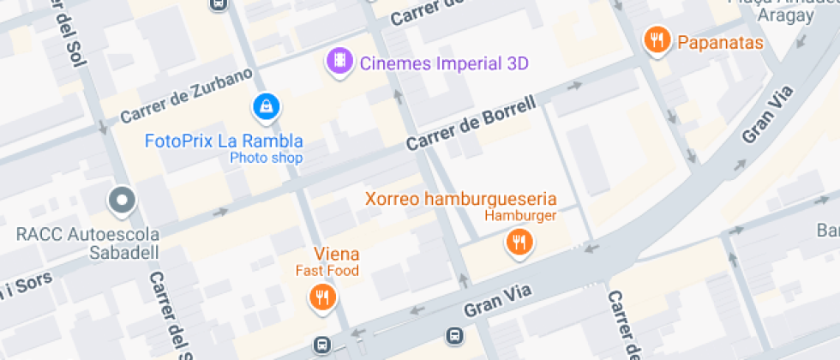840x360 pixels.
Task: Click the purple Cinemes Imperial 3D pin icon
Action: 341,61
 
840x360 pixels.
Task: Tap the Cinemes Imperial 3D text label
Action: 444,63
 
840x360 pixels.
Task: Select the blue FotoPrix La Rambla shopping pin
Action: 267,107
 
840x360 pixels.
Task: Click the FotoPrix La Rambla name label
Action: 224,141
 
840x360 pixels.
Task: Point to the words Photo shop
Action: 266,158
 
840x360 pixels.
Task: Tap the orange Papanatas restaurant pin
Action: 657,39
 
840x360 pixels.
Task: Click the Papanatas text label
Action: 720,42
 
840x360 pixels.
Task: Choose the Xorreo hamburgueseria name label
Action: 461,198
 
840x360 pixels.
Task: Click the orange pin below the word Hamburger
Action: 519,243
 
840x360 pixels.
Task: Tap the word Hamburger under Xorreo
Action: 520,216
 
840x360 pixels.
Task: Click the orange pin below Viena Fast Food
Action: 322,297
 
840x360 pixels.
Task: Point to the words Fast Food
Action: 327,271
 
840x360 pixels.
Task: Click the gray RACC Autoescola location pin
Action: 122,201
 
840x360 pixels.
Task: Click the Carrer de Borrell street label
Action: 471,125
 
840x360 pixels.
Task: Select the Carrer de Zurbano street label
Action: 186,95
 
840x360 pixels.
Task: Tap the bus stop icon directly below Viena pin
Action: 322,345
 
